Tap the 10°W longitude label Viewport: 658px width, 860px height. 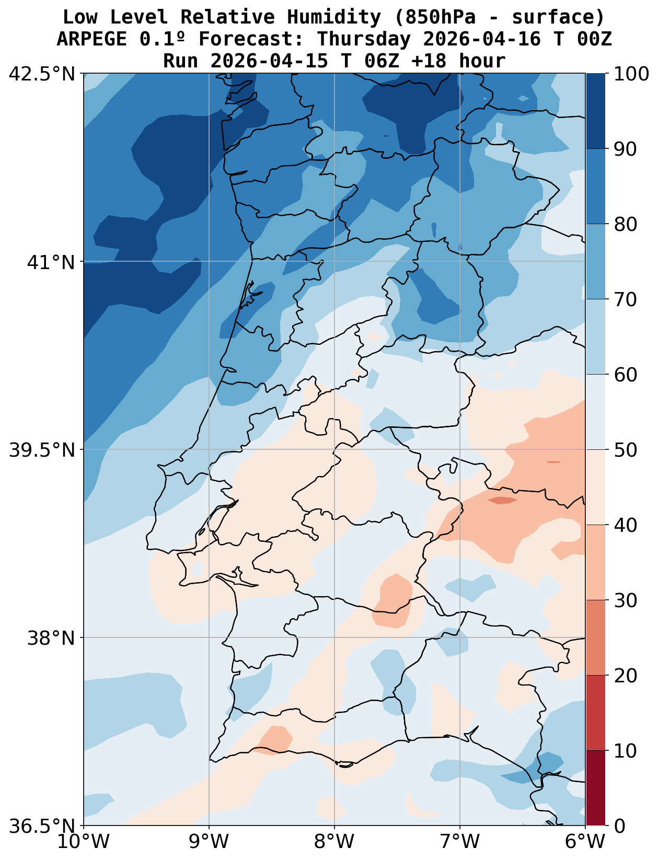pyautogui.click(x=84, y=842)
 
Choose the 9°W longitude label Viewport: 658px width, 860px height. pyautogui.click(x=209, y=842)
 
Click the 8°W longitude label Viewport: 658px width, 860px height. pyautogui.click(x=334, y=842)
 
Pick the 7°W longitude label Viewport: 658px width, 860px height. pyautogui.click(x=460, y=842)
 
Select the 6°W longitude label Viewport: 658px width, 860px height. pyautogui.click(x=585, y=842)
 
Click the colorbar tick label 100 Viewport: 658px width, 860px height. pyautogui.click(x=631, y=74)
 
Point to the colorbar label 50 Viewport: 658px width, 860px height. pyautogui.click(x=625, y=450)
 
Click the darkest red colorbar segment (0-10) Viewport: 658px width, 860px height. pyautogui.click(x=595, y=788)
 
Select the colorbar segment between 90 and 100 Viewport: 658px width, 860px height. pyautogui.click(x=595, y=111)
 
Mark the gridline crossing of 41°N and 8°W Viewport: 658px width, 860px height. pyautogui.click(x=334, y=261)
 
